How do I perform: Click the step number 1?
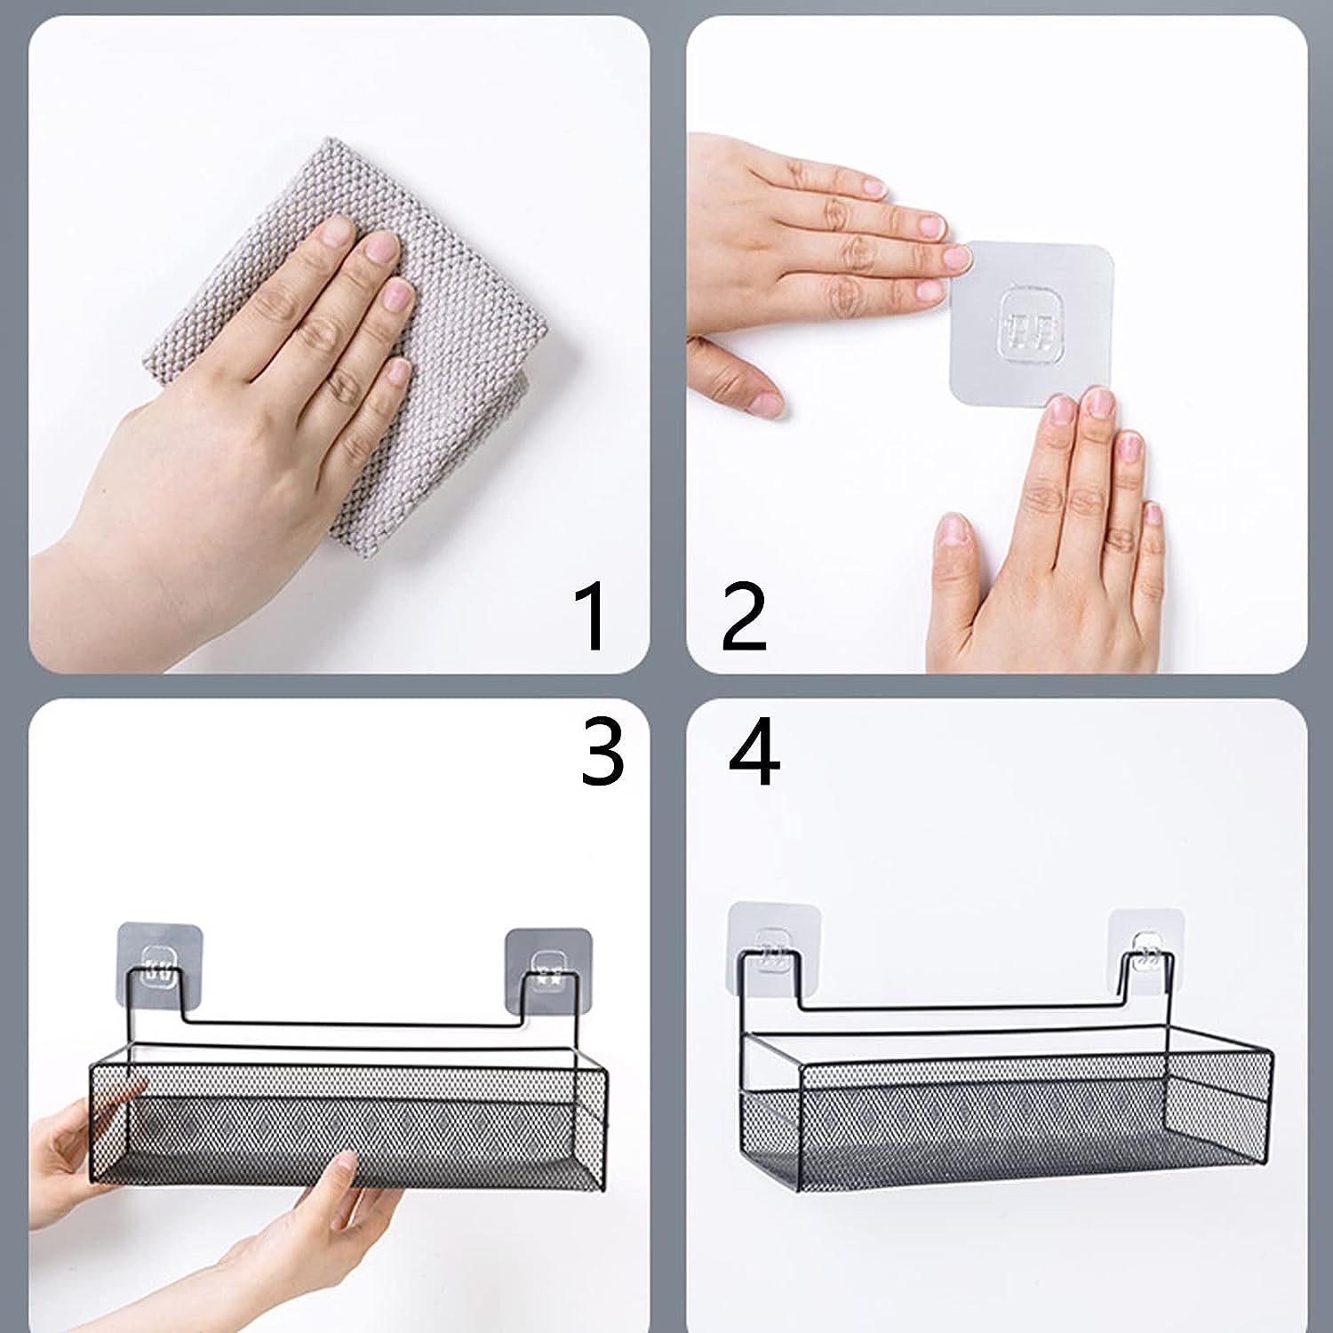coord(591,615)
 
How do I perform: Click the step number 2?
coord(744,615)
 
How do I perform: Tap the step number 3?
coord(603,752)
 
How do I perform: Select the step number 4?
coord(754,752)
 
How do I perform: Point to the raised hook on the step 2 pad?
coord(1032,320)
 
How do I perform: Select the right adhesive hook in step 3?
coord(548,970)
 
